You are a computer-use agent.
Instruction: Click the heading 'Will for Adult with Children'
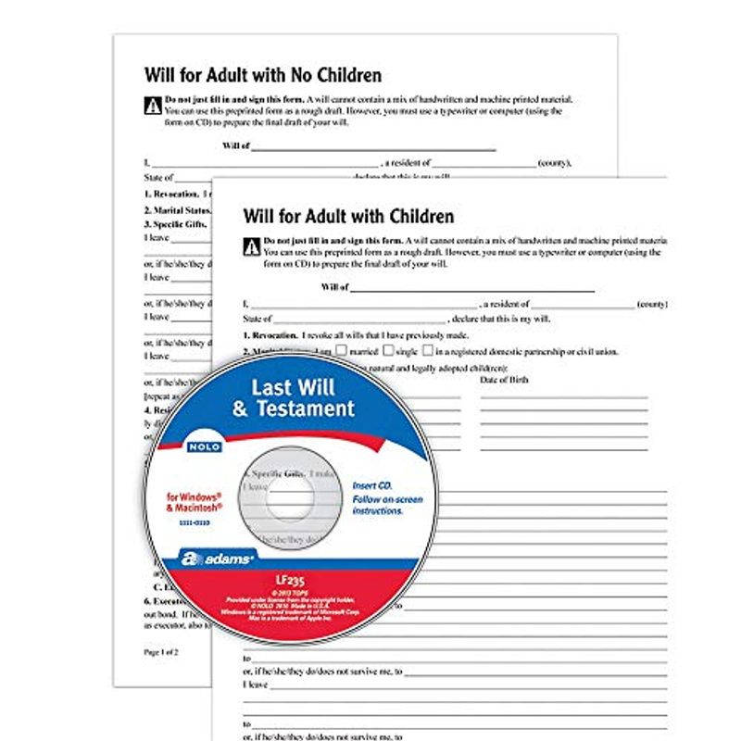tap(348, 217)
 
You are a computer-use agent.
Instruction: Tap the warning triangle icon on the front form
tap(250, 246)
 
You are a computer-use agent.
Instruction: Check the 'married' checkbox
tap(342, 351)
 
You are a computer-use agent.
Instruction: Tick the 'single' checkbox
tap(387, 351)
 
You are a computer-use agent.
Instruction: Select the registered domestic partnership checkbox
tap(427, 351)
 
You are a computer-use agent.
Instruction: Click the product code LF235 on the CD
tap(292, 581)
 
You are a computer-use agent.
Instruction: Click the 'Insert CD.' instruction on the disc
tap(372, 485)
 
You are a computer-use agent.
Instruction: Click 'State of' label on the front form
tap(258, 319)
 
